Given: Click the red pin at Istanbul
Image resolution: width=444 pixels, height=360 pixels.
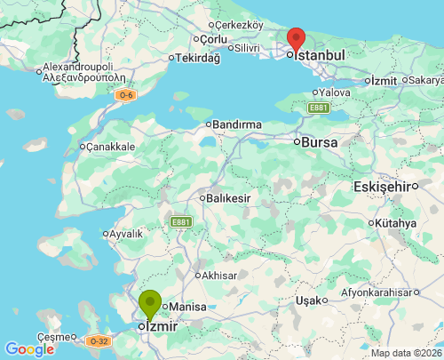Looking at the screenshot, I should click(x=297, y=39).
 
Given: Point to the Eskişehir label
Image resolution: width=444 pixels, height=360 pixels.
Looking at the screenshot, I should click(x=385, y=186).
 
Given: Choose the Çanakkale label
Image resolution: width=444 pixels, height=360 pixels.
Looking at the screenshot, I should click(x=110, y=146).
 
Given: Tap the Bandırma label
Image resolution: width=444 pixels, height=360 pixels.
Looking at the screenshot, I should click(x=237, y=124).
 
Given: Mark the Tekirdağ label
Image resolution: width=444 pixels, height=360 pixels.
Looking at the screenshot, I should click(x=196, y=58).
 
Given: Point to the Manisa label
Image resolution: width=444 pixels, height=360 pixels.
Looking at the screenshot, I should click(x=186, y=307).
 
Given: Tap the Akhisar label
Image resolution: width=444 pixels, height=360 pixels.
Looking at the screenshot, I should click(x=219, y=276).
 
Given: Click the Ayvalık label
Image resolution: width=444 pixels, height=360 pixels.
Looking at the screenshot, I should click(x=125, y=234).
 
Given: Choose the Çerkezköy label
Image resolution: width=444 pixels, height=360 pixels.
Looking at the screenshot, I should click(x=239, y=24).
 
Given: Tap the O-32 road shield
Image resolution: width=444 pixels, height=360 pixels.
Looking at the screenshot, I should click(x=99, y=340).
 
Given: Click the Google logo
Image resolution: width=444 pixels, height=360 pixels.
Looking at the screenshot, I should click(x=29, y=348).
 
